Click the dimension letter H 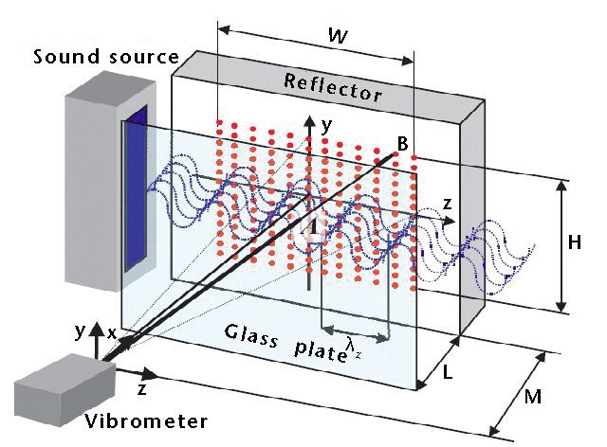pyautogui.click(x=575, y=242)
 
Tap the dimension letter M pyautogui.click(x=533, y=397)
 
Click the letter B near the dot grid pyautogui.click(x=402, y=144)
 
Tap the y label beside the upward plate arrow pyautogui.click(x=328, y=124)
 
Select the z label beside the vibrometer pyautogui.click(x=141, y=389)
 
